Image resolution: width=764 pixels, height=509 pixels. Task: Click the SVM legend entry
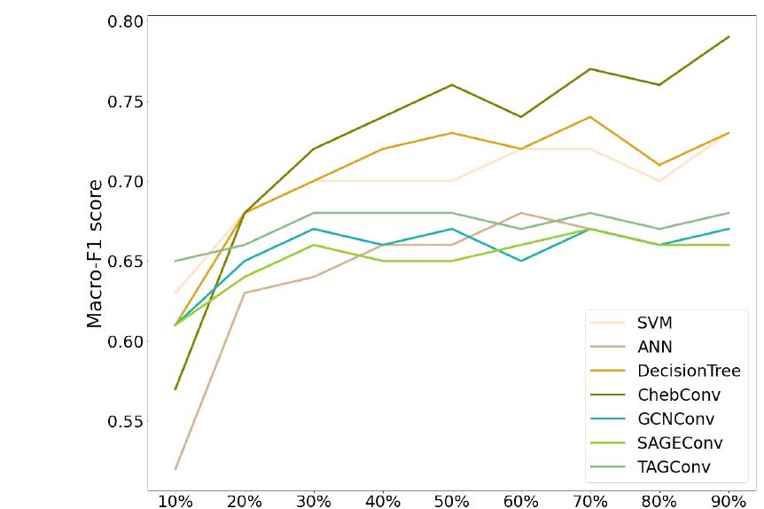point(654,323)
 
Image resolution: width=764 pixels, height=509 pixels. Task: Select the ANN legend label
point(654,347)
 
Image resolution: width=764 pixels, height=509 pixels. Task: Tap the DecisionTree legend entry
point(689,371)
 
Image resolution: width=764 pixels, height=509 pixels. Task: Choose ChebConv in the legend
point(679,395)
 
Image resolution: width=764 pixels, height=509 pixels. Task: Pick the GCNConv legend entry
point(675,419)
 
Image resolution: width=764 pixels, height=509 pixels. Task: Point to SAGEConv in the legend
point(680,442)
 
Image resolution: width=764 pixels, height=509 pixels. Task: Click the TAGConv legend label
point(674,466)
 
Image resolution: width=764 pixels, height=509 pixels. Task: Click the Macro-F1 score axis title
point(95,254)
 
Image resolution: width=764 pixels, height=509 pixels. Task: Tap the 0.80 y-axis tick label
point(125,21)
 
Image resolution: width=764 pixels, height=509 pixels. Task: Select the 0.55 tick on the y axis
point(125,420)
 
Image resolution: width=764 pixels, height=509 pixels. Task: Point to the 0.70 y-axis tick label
point(125,182)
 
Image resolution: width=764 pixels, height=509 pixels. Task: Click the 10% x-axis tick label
point(175,502)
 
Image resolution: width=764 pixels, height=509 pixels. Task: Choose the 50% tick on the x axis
point(452,502)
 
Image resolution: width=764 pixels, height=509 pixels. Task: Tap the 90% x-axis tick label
point(729,502)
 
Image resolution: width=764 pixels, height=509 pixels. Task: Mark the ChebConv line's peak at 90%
point(729,36)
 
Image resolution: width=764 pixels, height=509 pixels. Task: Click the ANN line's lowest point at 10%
point(175,468)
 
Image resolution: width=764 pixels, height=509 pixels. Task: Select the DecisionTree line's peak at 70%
point(590,117)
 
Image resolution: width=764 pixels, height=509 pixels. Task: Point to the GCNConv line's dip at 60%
point(521,261)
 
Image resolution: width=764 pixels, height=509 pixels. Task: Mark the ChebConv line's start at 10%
point(175,388)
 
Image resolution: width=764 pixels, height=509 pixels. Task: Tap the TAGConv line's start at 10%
point(175,261)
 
